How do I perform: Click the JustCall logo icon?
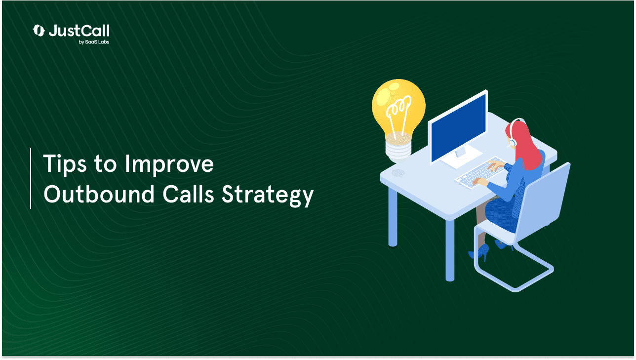pos(39,31)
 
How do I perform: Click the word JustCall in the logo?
pos(79,31)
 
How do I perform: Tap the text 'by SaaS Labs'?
pos(94,42)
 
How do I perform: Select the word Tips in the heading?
pos(65,164)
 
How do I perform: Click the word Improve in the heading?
pos(169,164)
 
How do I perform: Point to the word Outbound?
pos(99,194)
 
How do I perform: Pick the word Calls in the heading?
pos(188,194)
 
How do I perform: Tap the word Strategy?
pos(268,196)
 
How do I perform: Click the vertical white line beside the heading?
pos(31,178)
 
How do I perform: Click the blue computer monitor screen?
pos(459,128)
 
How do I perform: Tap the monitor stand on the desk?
pos(461,158)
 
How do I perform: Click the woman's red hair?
pos(525,145)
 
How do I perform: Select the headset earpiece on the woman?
pos(513,142)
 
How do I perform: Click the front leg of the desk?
pos(450,250)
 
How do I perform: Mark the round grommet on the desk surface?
pos(398,173)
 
